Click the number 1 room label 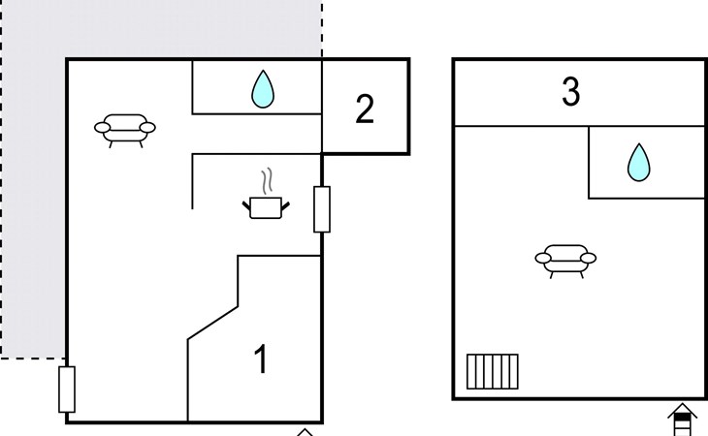point(260,359)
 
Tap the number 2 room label point(365,109)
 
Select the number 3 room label point(570,92)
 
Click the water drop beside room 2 point(262,89)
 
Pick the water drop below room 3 point(637,162)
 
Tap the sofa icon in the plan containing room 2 point(124,128)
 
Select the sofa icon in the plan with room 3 point(565,260)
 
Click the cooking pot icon point(266,206)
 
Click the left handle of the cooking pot point(246,202)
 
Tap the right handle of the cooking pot point(285,202)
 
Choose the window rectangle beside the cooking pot point(322,209)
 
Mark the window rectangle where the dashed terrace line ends point(67,389)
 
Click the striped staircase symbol point(492,371)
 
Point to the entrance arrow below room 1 point(305,431)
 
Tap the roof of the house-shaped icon point(683,409)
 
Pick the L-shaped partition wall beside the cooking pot point(193,179)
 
